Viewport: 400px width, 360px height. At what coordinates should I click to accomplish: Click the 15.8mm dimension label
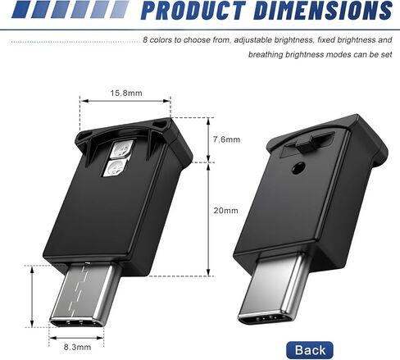click(x=126, y=93)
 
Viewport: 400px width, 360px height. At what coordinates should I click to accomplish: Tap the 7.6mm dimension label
click(x=226, y=139)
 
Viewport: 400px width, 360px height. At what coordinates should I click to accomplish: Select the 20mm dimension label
click(x=225, y=211)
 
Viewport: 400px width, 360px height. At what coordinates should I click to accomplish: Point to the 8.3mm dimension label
click(x=77, y=347)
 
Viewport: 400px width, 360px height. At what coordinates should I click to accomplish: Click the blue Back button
click(x=310, y=350)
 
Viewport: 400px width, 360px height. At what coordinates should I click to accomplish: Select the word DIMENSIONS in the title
click(x=324, y=11)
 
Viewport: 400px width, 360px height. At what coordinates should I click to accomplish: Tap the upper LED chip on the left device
click(x=121, y=150)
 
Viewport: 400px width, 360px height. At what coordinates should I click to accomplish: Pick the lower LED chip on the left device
click(x=115, y=167)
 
